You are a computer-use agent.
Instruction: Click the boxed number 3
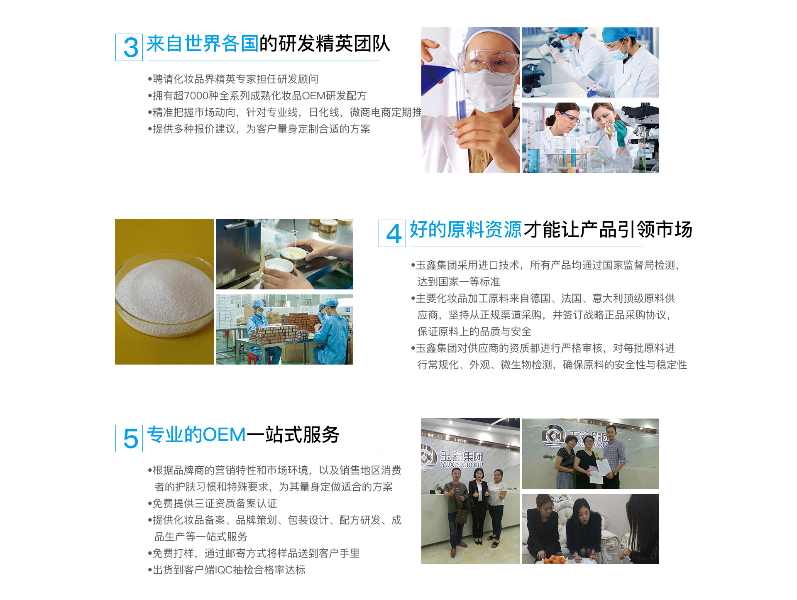(131, 48)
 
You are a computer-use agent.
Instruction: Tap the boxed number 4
(394, 234)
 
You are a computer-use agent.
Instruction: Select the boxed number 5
(131, 439)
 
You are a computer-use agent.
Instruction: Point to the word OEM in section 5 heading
(225, 435)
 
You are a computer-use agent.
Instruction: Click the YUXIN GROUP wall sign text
(462, 465)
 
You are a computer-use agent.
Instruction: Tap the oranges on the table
(554, 558)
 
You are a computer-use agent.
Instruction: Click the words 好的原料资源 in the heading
(466, 229)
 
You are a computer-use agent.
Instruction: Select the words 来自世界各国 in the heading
(203, 44)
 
